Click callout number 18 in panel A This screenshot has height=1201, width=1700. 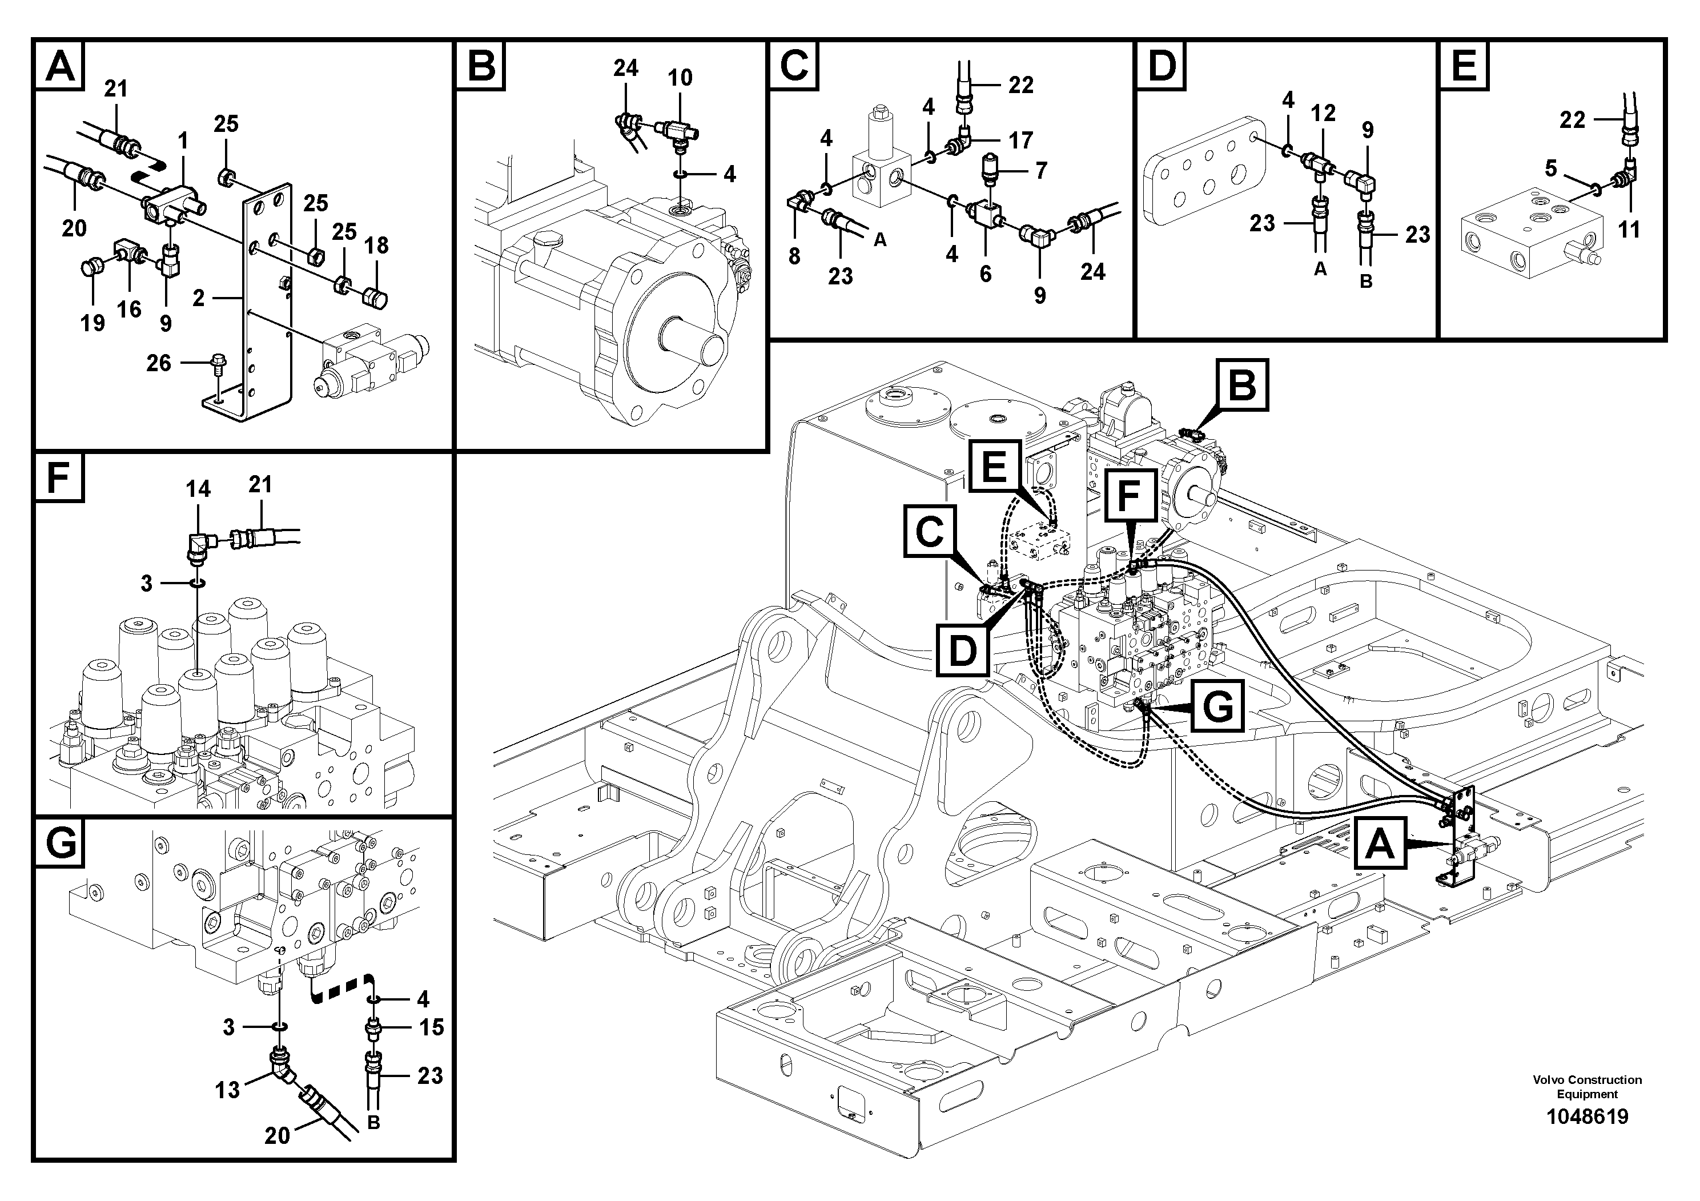click(376, 245)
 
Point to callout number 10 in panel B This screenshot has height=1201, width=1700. click(680, 78)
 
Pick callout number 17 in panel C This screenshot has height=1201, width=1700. click(1020, 140)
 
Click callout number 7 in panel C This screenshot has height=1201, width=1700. click(1041, 171)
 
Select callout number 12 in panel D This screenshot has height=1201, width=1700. click(1323, 113)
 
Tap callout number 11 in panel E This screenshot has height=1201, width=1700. click(1629, 230)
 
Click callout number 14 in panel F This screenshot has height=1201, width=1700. click(198, 489)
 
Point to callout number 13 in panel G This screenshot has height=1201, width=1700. click(227, 1090)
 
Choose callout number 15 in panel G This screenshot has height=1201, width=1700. click(431, 1027)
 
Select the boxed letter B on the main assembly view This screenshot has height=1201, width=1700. click(1241, 385)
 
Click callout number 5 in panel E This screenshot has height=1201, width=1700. click(1551, 169)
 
